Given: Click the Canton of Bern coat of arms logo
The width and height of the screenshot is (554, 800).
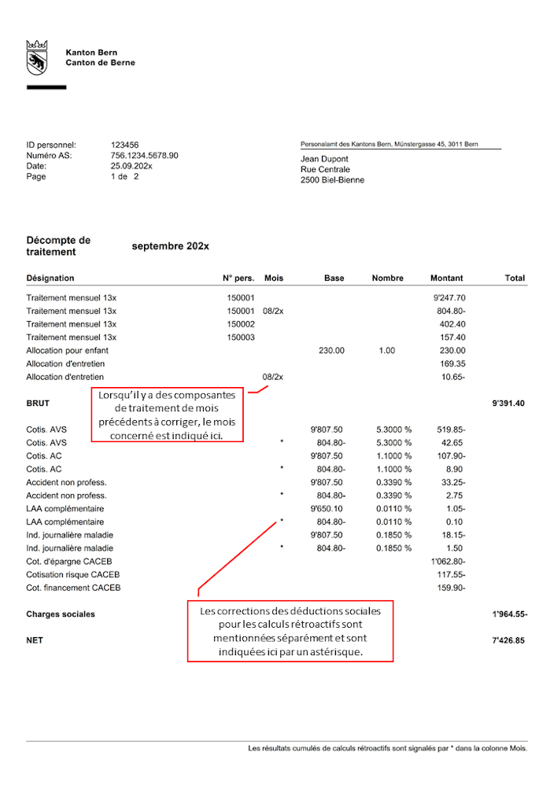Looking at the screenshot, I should point(36,57).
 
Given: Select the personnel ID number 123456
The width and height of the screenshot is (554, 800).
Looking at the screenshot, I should point(125,145).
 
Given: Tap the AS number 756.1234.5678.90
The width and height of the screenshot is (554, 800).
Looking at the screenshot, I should point(145,156).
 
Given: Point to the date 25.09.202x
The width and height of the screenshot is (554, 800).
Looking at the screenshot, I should point(131,166).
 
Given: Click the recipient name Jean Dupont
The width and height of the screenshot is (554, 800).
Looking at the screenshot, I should point(324,159).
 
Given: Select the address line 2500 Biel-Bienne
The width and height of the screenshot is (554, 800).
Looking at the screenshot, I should point(332,180).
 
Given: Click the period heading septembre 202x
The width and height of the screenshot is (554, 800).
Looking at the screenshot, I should point(171,246).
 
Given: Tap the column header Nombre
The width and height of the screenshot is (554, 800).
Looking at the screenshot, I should point(387,278).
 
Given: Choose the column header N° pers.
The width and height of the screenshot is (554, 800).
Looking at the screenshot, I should point(238,278).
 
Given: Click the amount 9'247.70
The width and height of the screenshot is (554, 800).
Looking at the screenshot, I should point(449,298).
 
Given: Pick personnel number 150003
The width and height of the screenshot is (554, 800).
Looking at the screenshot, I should point(241,337).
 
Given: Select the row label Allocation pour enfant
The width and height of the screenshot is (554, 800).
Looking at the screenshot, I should point(67,351).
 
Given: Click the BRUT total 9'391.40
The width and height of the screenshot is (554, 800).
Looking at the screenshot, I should point(508,404).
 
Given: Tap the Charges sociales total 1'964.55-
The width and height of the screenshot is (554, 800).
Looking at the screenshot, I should point(508,614).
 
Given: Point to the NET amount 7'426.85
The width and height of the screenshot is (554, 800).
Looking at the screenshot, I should point(509,641).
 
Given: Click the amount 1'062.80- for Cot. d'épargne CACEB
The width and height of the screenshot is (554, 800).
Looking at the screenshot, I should point(448,562).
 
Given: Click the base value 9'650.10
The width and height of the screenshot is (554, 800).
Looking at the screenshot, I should point(327,509).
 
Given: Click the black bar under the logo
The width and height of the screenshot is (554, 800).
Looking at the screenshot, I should point(46,87).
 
